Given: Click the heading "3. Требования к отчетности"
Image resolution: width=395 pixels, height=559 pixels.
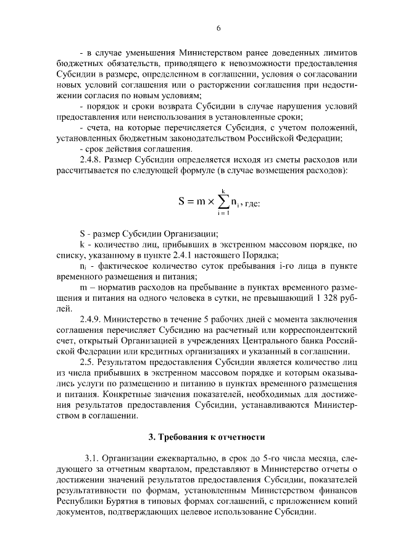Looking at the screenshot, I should point(206,437).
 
